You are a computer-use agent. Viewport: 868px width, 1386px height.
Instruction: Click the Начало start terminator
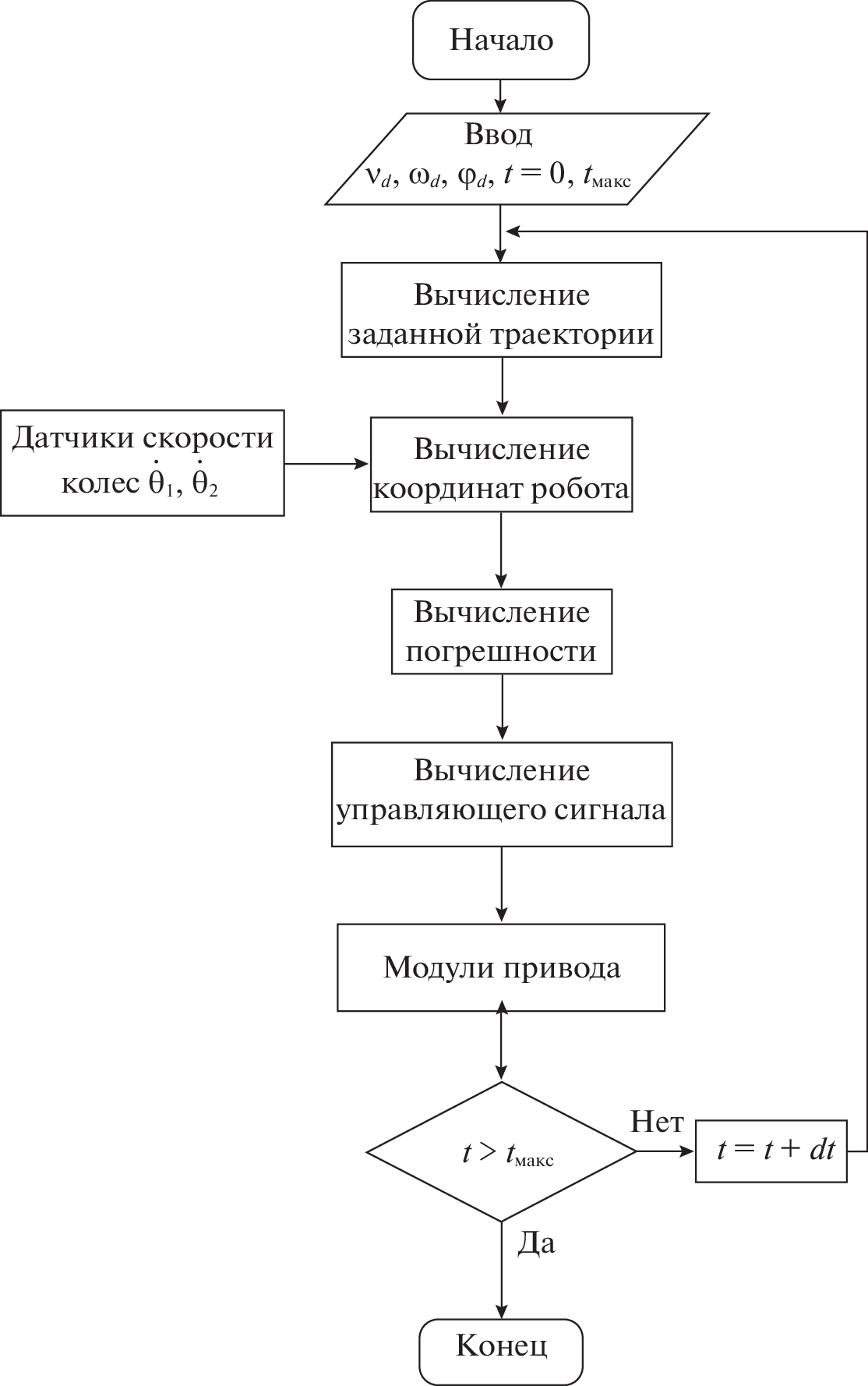point(501,41)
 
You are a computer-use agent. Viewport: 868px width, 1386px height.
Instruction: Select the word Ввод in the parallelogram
point(499,135)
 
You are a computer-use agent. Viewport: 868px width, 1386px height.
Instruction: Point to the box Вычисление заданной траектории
point(501,309)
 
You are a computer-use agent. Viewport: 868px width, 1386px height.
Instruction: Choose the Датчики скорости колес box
point(142,462)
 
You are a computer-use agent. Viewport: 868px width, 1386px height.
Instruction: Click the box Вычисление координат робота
point(501,465)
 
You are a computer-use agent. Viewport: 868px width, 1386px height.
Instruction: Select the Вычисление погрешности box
point(501,631)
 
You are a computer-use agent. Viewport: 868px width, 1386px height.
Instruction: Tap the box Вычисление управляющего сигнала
point(501,794)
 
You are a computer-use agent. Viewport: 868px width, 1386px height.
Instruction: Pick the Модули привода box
point(501,967)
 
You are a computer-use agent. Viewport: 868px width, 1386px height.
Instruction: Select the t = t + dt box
point(771,1151)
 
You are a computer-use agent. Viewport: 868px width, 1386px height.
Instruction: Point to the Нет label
point(657,1123)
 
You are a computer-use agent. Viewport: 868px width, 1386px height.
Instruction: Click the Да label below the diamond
point(536,1243)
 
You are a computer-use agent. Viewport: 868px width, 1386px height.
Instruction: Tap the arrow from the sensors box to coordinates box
point(326,464)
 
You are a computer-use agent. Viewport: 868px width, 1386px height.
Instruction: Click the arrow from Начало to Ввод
point(501,96)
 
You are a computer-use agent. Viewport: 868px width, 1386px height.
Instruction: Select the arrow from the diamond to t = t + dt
point(665,1151)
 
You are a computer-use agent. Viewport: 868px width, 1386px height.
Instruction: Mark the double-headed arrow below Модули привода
point(501,1046)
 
